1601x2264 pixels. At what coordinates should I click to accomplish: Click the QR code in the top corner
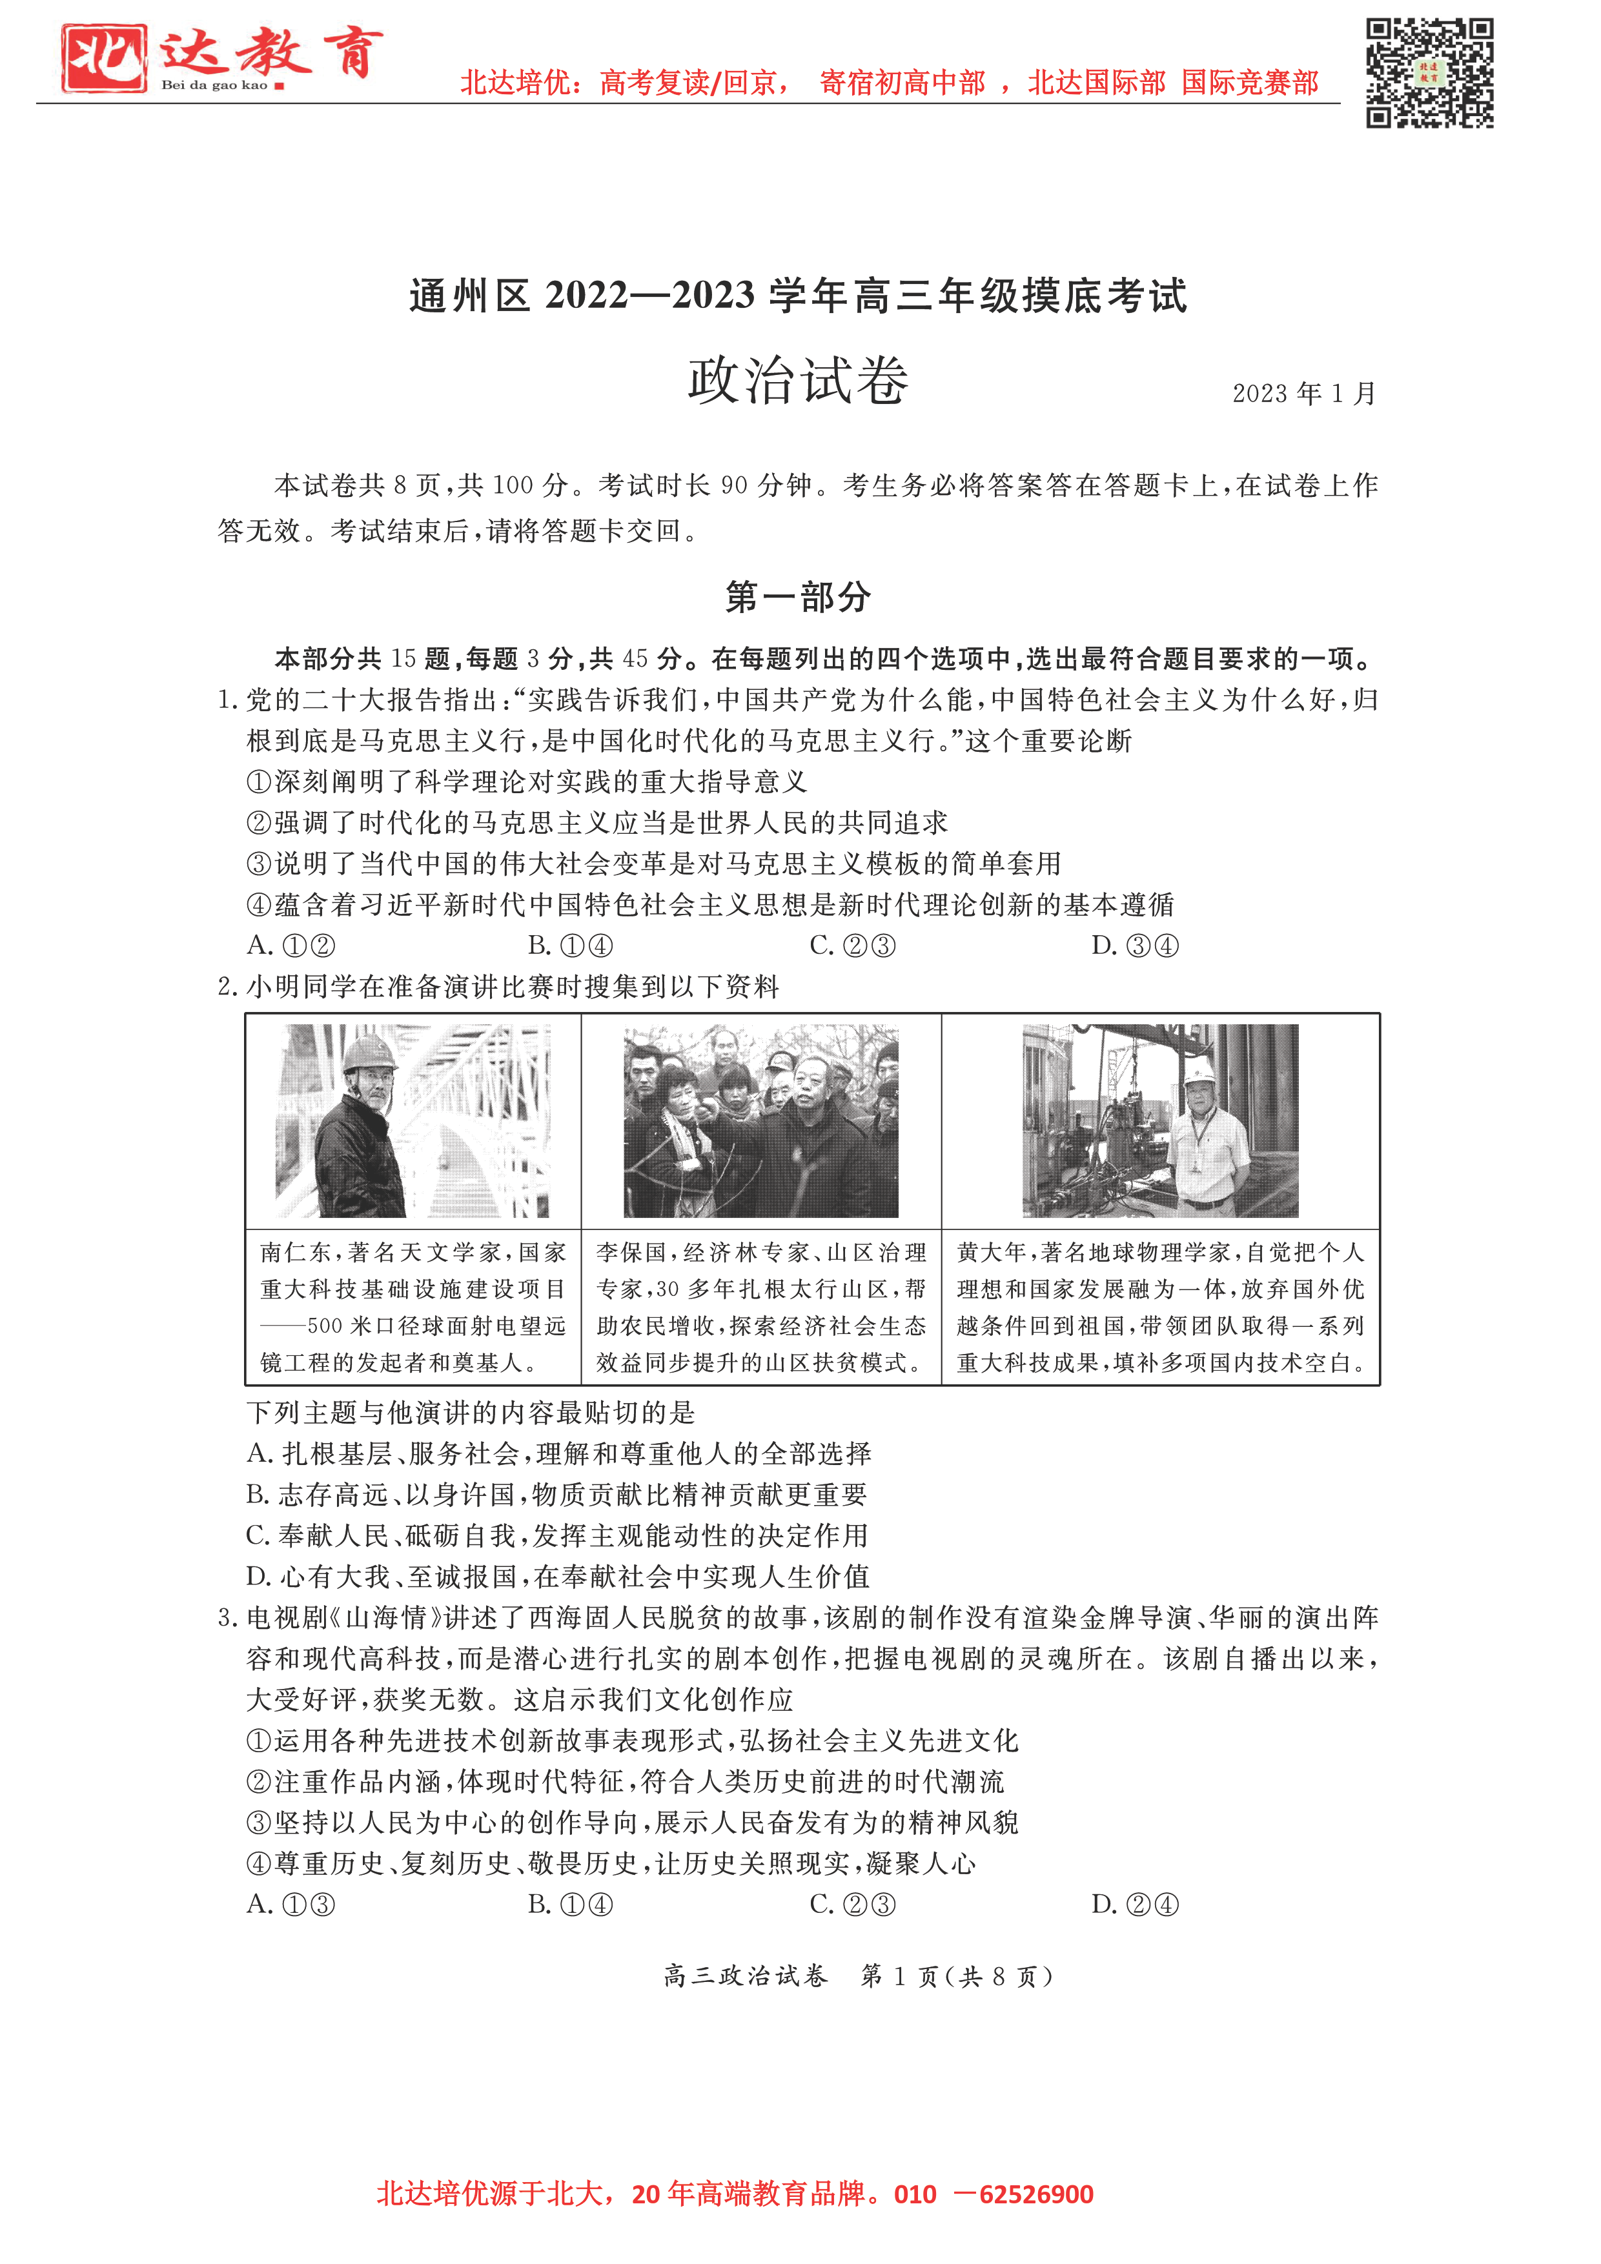1429,72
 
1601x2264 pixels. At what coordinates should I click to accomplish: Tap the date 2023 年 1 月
1303,394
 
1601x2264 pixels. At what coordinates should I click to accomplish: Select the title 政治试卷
797,381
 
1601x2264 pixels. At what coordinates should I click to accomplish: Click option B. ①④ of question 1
570,945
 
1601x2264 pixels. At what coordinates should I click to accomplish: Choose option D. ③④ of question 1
1134,945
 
